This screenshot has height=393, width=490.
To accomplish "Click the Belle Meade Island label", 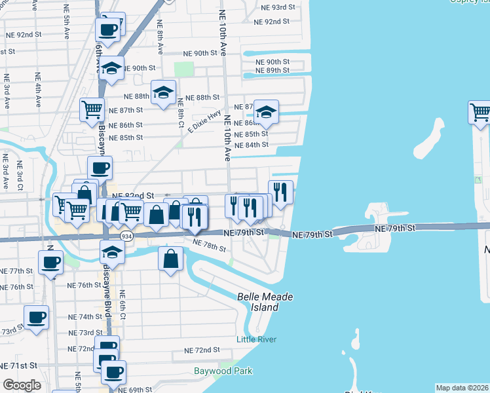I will click(x=265, y=302).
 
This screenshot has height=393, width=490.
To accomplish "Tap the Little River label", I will click(x=256, y=339).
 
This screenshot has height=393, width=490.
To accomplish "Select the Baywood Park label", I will click(x=223, y=371).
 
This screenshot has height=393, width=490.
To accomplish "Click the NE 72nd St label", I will click(x=202, y=350).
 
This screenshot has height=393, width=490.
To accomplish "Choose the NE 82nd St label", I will click(x=133, y=195).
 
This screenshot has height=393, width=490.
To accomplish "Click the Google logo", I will click(x=22, y=385).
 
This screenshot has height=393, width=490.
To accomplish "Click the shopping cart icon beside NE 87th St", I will click(x=92, y=109).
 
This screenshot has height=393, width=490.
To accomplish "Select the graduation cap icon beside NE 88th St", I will click(x=163, y=92).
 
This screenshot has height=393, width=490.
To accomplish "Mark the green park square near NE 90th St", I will click(x=184, y=69).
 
